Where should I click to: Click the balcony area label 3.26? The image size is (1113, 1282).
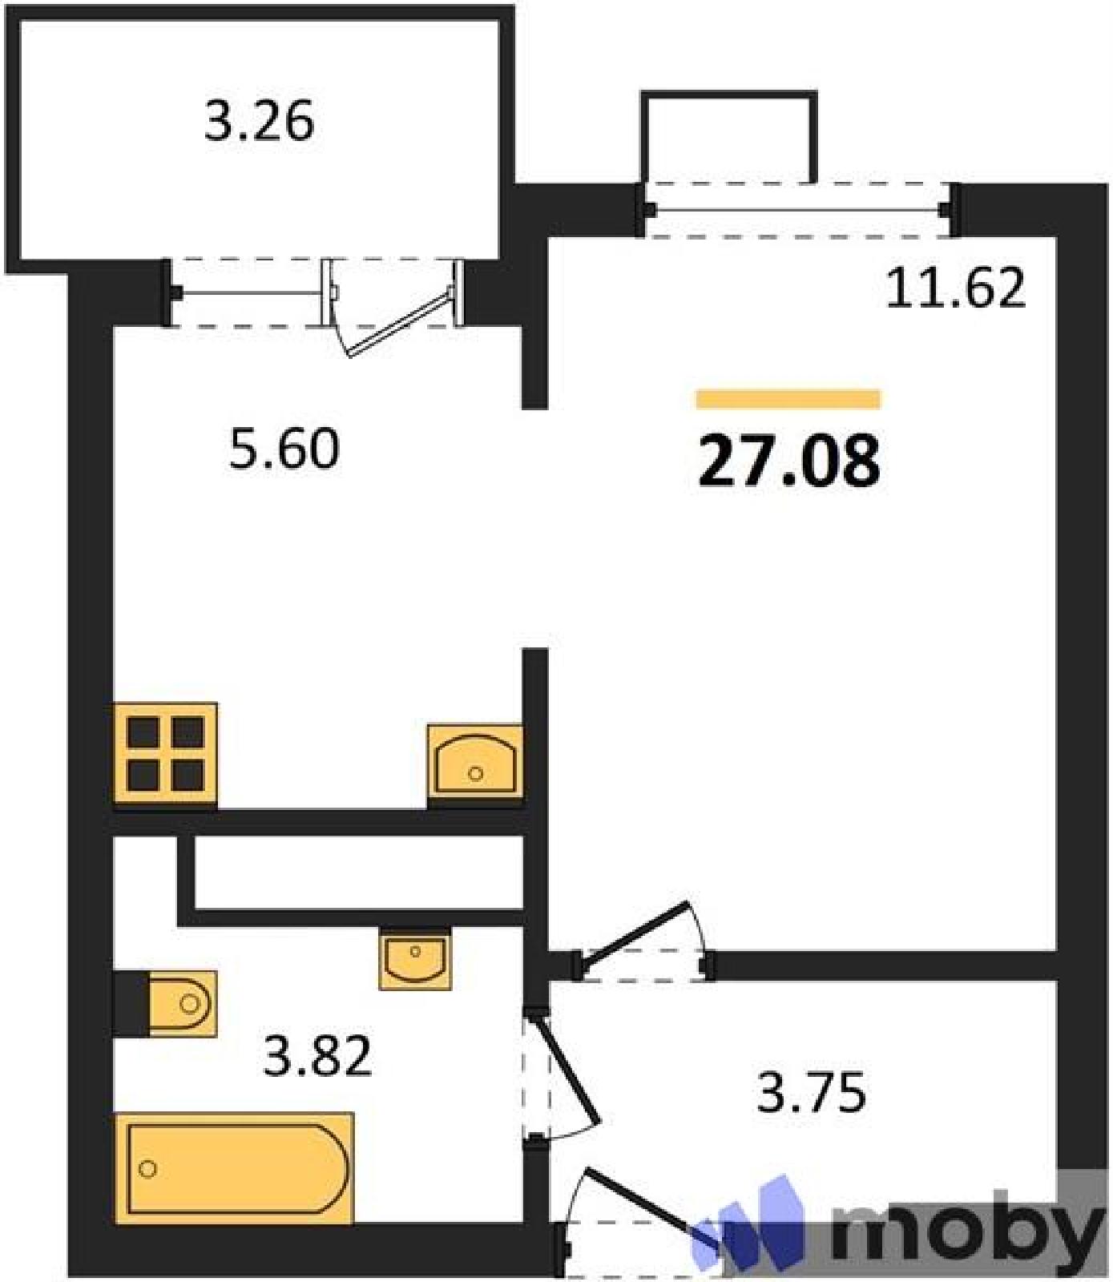click(259, 123)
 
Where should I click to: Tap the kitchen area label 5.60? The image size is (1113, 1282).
click(284, 449)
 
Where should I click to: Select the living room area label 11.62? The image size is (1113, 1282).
click(956, 288)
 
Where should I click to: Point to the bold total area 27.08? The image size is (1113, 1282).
click(789, 462)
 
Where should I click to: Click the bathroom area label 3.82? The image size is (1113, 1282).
click(318, 1056)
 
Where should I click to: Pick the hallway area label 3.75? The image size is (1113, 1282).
click(812, 1094)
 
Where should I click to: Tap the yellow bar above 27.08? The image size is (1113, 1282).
click(788, 399)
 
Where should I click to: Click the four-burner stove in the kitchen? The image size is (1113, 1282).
click(166, 755)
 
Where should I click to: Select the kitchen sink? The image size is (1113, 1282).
click(475, 761)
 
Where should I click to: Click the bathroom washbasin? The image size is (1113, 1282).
click(415, 958)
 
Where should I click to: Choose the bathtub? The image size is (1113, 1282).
click(234, 1167)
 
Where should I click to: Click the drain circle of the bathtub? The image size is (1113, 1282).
click(147, 1169)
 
